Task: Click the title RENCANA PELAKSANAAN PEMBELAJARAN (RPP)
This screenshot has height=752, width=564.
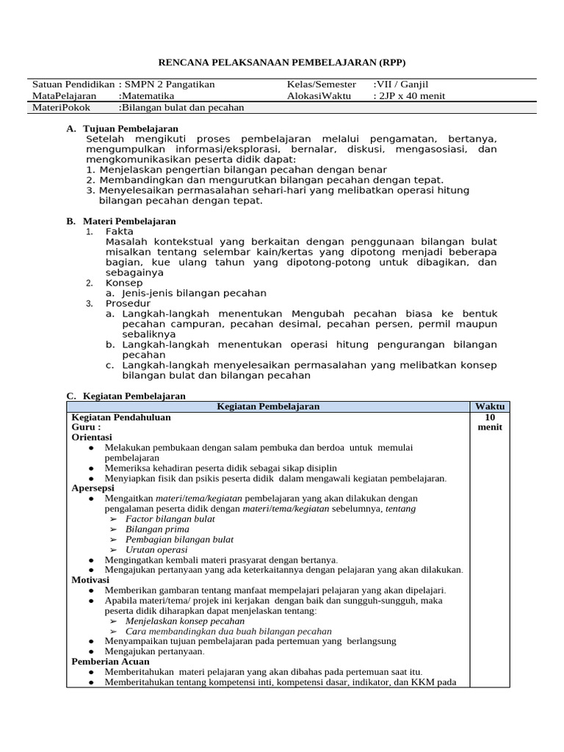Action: (x=283, y=62)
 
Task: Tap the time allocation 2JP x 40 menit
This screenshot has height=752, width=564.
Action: (x=410, y=95)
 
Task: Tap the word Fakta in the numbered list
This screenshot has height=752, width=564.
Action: (x=120, y=231)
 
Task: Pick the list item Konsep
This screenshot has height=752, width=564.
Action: (x=124, y=283)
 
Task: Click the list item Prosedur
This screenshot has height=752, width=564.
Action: (x=128, y=303)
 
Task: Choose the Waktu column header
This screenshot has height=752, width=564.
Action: (x=489, y=406)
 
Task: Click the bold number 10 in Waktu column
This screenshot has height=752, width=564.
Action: (x=489, y=417)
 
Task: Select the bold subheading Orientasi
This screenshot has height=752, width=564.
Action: (x=91, y=436)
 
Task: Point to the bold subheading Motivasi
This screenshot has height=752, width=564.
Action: (x=90, y=579)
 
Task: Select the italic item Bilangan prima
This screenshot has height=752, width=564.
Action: (x=156, y=529)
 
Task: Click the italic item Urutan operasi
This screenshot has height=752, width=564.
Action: (x=156, y=549)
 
